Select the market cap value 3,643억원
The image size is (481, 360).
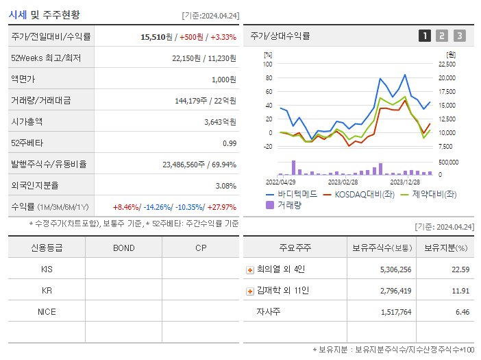pos(220,122)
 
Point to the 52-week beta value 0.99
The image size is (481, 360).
pos(230,143)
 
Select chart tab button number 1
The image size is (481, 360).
pos(425,36)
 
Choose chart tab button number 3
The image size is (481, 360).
pos(459,36)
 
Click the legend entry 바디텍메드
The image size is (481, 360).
pos(297,194)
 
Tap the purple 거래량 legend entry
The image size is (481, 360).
pos(289,205)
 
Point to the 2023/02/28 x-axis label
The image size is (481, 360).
pos(343,182)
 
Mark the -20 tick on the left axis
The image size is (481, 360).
pos(267,147)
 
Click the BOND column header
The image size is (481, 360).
pos(123,248)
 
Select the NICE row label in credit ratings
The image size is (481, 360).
pos(47,312)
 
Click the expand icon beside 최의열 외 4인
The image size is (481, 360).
pos(250,270)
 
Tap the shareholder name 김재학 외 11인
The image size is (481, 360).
pos(282,291)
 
